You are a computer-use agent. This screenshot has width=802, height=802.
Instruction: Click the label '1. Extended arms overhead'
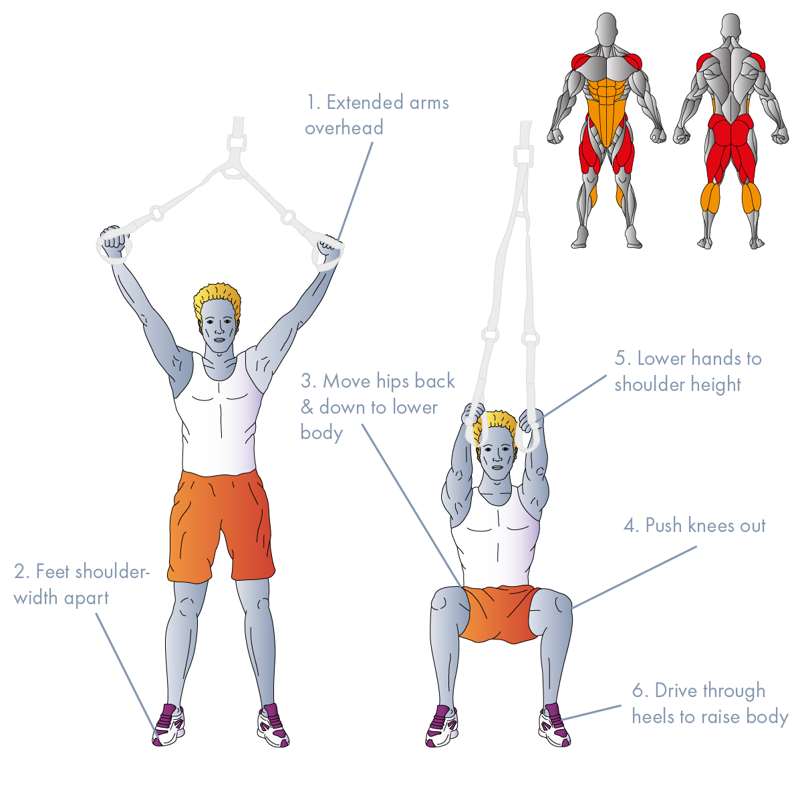click(377, 115)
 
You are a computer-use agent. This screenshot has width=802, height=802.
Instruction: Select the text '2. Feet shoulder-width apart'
click(82, 585)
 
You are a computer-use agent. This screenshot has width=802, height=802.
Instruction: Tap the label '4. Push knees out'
click(694, 526)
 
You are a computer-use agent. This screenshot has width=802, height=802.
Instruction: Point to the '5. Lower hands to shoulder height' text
click(688, 372)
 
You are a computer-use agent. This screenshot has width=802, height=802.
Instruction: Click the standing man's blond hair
click(217, 299)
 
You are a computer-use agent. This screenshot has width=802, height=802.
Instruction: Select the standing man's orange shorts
click(221, 525)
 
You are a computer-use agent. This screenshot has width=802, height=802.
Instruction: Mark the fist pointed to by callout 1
click(329, 252)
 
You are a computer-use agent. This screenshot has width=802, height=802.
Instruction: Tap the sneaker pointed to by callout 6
click(554, 725)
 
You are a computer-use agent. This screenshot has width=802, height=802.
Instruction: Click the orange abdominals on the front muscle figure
click(606, 109)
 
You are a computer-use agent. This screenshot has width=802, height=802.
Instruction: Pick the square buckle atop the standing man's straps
click(237, 143)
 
